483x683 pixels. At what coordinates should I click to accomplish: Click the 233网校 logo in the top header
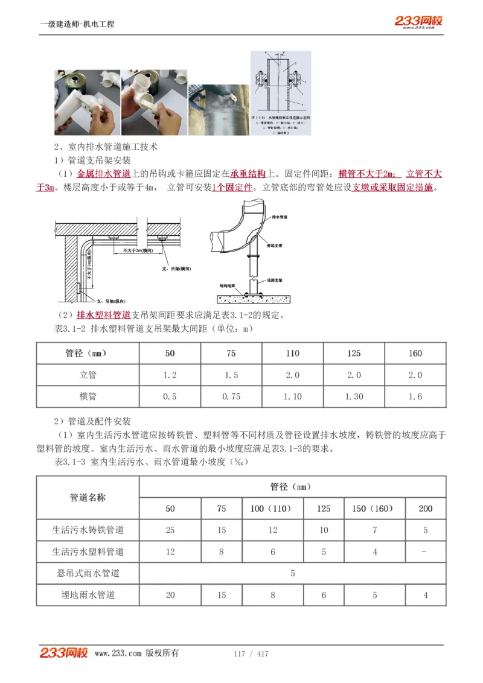click(418, 21)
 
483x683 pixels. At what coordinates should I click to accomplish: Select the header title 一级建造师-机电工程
click(77, 24)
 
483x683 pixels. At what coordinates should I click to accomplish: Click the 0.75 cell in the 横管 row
click(231, 396)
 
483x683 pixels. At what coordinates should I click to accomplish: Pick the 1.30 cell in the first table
click(354, 396)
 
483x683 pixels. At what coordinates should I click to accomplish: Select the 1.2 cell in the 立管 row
click(170, 375)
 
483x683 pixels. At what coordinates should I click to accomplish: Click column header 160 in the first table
click(415, 354)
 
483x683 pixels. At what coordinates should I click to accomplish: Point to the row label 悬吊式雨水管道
click(88, 573)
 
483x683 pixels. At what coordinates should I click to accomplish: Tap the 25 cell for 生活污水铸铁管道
click(170, 530)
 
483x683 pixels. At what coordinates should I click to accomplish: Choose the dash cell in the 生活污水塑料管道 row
click(426, 551)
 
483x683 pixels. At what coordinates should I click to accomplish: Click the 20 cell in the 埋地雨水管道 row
click(170, 595)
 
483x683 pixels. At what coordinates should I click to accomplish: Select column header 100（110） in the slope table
click(273, 509)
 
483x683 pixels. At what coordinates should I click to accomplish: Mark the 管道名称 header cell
click(88, 498)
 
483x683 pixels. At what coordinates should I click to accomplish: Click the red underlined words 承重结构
click(248, 174)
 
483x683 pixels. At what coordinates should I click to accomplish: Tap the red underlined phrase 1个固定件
click(232, 187)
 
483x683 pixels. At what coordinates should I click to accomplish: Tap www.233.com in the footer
click(118, 653)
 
